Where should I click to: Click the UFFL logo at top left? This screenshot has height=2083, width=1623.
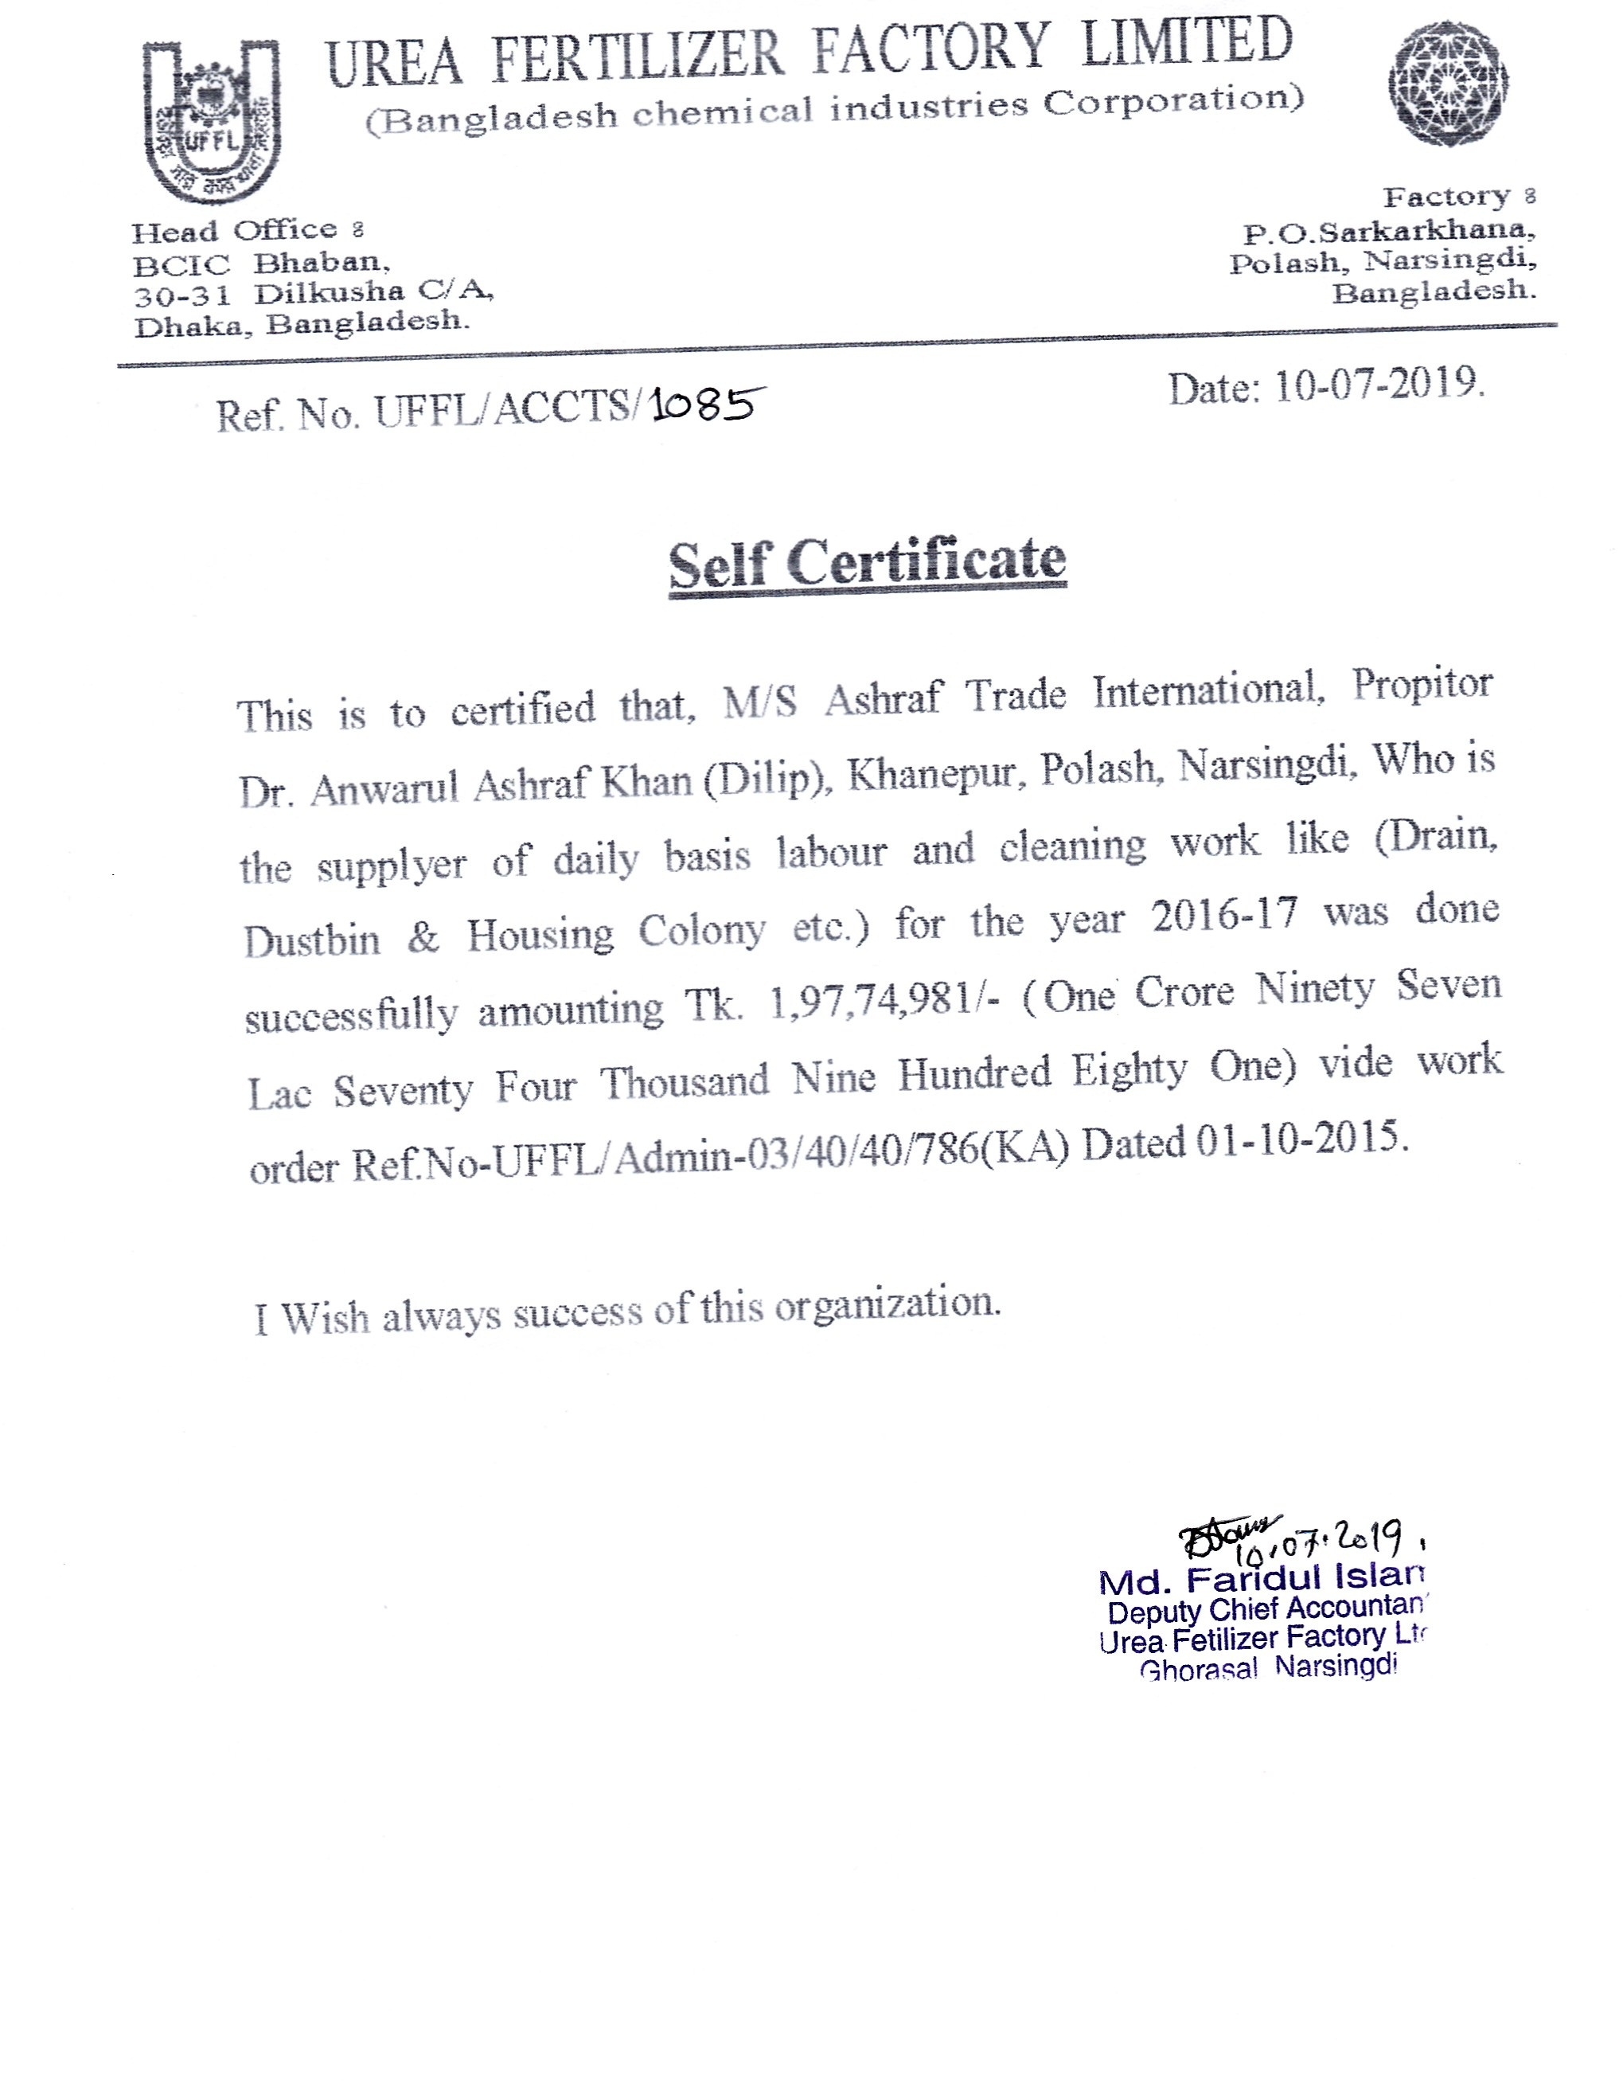coord(212,121)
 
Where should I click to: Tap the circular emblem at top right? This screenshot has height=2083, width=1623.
coord(1448,84)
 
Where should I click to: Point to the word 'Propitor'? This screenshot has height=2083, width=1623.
coord(1422,686)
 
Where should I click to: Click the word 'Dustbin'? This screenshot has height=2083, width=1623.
coord(312,941)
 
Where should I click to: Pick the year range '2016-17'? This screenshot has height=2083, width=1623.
coord(1224,916)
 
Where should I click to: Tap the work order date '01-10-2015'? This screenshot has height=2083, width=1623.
coord(1301,1139)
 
